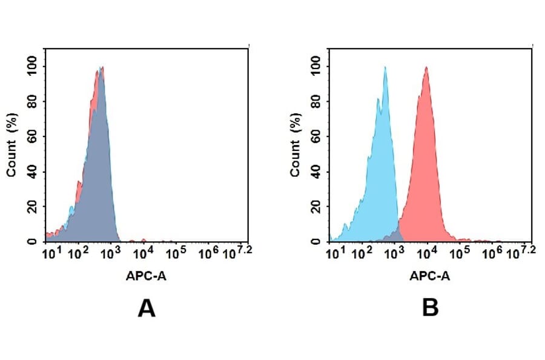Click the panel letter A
pyautogui.click(x=147, y=308)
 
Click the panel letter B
pyautogui.click(x=430, y=308)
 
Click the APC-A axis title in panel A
pyautogui.click(x=147, y=276)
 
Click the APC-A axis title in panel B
pyautogui.click(x=430, y=276)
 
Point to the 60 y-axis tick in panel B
pyautogui.click(x=315, y=136)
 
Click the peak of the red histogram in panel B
pyautogui.click(x=426, y=67)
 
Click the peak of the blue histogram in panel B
pyautogui.click(x=385, y=67)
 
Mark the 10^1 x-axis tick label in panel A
pyautogui.click(x=50, y=253)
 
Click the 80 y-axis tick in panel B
pyautogui.click(x=315, y=101)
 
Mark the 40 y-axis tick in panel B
pyautogui.click(x=315, y=172)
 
